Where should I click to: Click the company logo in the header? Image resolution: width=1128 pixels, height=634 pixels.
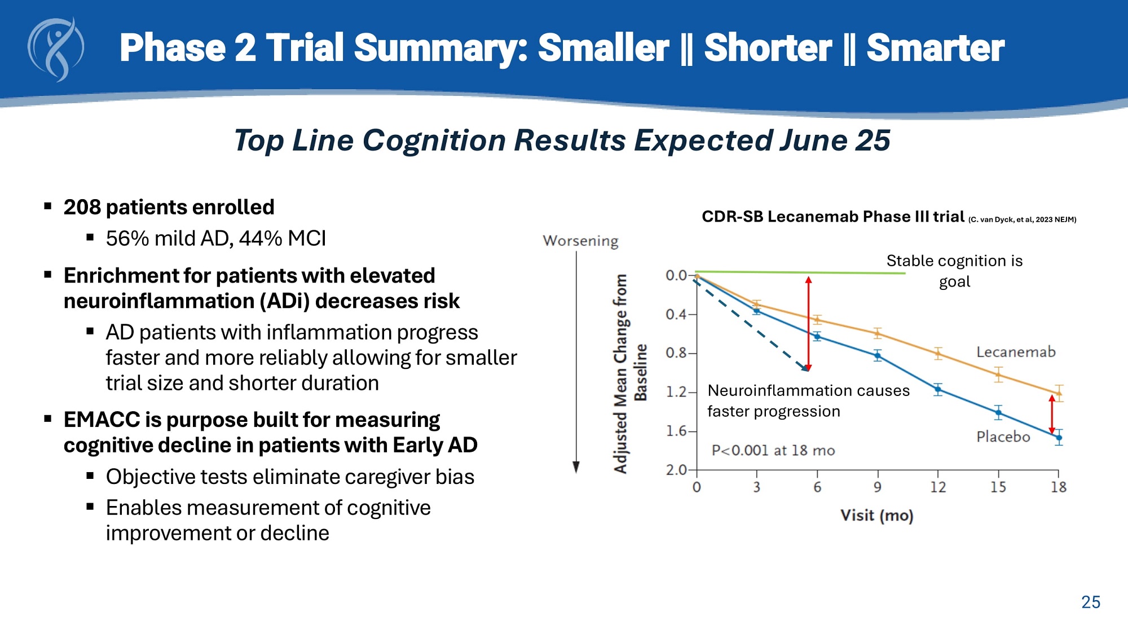click(56, 49)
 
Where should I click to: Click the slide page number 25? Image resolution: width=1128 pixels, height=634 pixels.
click(1090, 602)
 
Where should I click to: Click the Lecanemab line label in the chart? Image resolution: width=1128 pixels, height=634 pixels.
click(1016, 352)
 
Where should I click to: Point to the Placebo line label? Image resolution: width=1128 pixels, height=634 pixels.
click(1003, 437)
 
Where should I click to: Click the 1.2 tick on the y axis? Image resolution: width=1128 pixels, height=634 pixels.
click(676, 391)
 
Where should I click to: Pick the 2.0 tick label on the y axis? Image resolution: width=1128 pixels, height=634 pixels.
click(676, 470)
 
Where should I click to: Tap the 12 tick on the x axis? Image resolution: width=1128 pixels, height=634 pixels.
click(937, 487)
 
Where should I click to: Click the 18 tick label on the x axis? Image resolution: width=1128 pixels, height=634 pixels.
click(1058, 487)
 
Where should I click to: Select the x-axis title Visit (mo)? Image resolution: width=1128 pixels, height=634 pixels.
click(876, 516)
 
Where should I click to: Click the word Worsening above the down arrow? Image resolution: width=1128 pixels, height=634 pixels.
click(580, 241)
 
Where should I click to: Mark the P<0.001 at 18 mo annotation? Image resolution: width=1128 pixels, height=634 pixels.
click(773, 450)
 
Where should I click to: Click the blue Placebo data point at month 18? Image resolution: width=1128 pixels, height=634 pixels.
click(1059, 438)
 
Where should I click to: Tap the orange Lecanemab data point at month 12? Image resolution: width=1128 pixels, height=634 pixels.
click(938, 354)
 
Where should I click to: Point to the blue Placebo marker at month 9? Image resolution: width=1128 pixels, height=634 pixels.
click(878, 355)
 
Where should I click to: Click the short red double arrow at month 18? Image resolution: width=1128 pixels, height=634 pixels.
click(1052, 414)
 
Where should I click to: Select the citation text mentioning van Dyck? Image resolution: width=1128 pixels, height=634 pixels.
click(1022, 219)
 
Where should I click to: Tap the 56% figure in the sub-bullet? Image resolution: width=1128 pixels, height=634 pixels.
click(127, 239)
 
